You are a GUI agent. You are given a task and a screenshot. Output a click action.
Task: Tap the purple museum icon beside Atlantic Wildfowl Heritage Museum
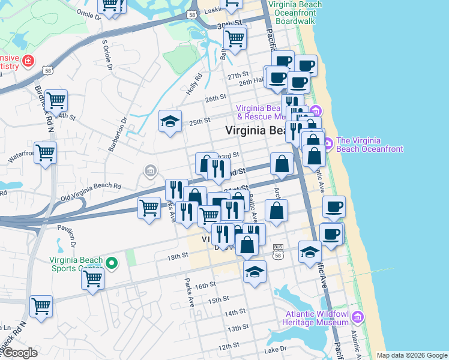click(x=358, y=316)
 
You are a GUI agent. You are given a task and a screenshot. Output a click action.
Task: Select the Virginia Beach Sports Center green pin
click(x=111, y=263)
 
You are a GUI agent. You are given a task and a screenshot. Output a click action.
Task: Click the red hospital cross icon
click(x=28, y=61)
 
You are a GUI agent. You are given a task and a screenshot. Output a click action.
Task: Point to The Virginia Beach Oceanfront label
click(x=370, y=145)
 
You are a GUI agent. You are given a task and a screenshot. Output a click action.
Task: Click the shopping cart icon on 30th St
click(x=235, y=38)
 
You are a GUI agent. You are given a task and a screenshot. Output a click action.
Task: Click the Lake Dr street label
click(x=279, y=349)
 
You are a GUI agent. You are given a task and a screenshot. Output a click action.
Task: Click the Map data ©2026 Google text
click(x=412, y=356)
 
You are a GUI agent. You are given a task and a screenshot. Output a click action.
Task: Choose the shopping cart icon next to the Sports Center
click(x=93, y=279)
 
